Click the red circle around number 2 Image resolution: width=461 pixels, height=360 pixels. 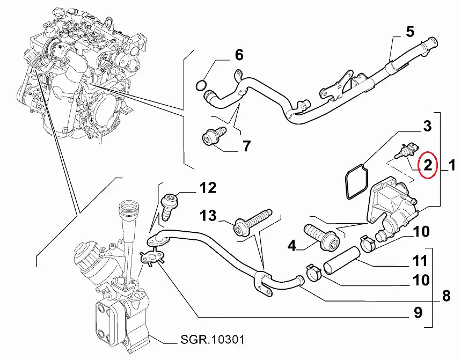(x=428, y=165)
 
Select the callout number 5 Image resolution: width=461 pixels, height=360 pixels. (x=409, y=32)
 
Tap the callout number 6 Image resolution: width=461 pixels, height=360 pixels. (x=238, y=55)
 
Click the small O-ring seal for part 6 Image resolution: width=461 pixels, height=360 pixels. (x=201, y=84)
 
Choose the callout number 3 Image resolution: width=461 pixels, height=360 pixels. (x=427, y=127)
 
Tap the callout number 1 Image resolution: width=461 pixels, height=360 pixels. (x=452, y=166)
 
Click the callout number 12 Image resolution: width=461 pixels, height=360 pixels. (x=208, y=188)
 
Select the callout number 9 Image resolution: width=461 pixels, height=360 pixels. (x=418, y=312)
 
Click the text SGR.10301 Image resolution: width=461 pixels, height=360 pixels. (x=206, y=340)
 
